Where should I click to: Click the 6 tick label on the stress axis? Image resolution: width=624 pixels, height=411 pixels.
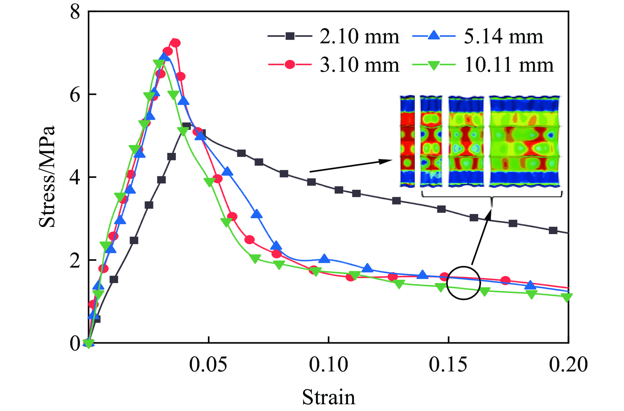pyautogui.click(x=75, y=94)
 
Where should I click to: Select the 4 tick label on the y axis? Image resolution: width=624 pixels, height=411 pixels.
pyautogui.click(x=75, y=177)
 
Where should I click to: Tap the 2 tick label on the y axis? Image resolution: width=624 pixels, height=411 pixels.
pyautogui.click(x=75, y=260)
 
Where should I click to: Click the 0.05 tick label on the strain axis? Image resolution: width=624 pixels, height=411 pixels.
pyautogui.click(x=208, y=365)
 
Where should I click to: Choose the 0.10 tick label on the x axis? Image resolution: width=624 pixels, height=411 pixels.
pyautogui.click(x=328, y=365)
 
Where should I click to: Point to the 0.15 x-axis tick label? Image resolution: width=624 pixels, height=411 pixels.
pyautogui.click(x=448, y=365)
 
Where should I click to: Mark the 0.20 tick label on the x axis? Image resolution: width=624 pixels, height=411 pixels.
pyautogui.click(x=568, y=365)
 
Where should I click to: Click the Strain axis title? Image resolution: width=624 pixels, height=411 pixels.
pyautogui.click(x=328, y=397)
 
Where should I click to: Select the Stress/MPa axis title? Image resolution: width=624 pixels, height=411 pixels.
pyautogui.click(x=47, y=177)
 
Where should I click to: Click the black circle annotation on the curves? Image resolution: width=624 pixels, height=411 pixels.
pyautogui.click(x=463, y=283)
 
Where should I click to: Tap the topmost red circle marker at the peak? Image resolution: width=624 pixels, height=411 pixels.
pyautogui.click(x=175, y=43)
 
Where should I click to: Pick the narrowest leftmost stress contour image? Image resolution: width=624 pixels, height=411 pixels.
pyautogui.click(x=407, y=141)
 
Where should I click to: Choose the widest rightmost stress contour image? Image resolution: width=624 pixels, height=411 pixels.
pyautogui.click(x=524, y=141)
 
